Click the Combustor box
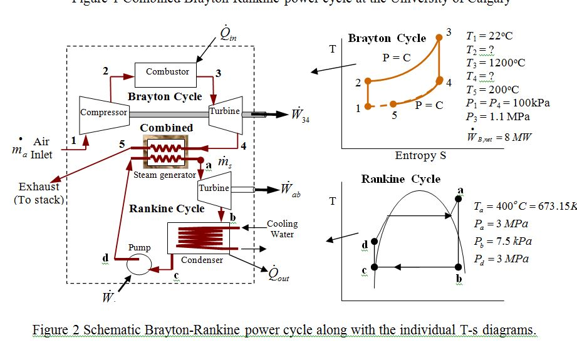click(x=167, y=72)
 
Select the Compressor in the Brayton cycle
click(x=103, y=113)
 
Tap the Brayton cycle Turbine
click(x=225, y=113)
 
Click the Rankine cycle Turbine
click(x=214, y=188)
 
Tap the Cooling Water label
click(x=283, y=229)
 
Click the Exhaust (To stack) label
click(x=38, y=193)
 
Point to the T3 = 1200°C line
click(x=496, y=63)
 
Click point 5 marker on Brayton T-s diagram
click(x=393, y=104)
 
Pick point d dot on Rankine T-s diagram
click(x=374, y=241)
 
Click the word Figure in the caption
click(x=50, y=330)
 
